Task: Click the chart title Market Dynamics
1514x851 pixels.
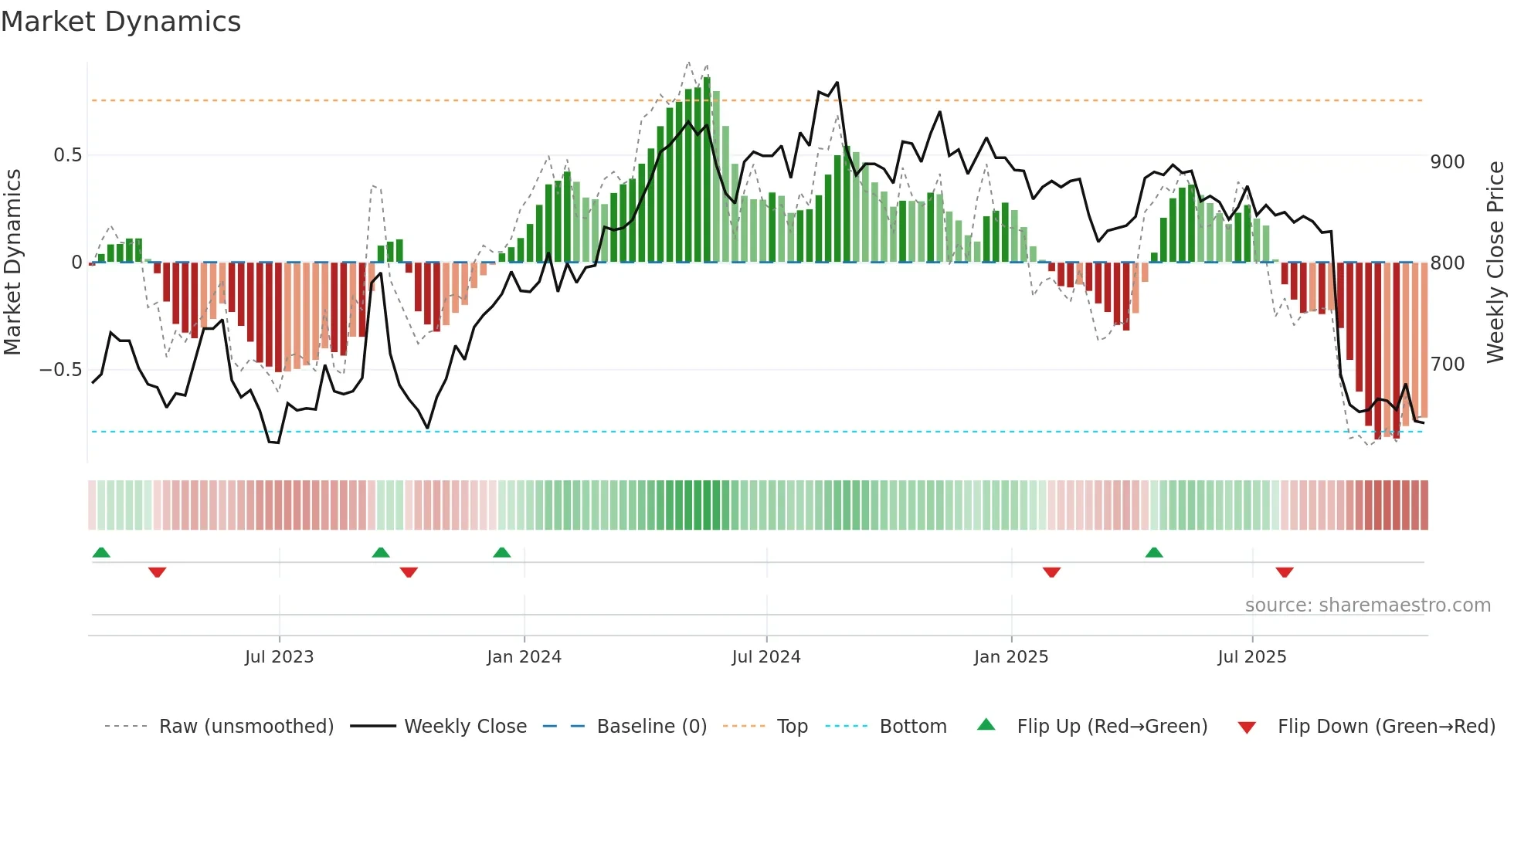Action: [x=121, y=22]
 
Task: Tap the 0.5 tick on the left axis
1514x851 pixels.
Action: [x=67, y=155]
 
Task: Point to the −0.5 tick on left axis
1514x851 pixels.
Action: [x=61, y=370]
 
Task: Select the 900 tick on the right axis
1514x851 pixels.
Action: [x=1448, y=162]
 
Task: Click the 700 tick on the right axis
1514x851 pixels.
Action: [x=1448, y=364]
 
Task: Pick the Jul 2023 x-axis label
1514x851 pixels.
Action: [x=280, y=657]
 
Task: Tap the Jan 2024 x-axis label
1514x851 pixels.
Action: [x=524, y=657]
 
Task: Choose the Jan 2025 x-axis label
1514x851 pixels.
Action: [x=1011, y=657]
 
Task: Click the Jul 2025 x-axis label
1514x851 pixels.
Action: [x=1252, y=657]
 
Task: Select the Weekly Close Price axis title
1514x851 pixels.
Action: [x=1496, y=262]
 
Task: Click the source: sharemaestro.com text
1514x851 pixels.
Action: [x=1367, y=605]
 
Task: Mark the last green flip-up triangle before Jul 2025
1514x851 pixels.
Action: [x=1154, y=552]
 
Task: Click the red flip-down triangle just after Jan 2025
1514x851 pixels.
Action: [x=1051, y=572]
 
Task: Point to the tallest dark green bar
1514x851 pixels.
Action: [x=707, y=170]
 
